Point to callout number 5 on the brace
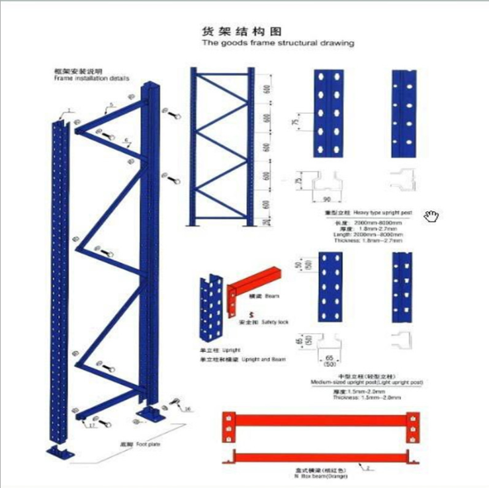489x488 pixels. pos(112,105)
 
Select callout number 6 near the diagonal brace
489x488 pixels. pos(126,139)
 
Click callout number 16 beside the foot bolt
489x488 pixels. pos(188,409)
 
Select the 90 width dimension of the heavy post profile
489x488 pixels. pos(326,199)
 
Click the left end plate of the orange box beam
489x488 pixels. pos(228,427)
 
